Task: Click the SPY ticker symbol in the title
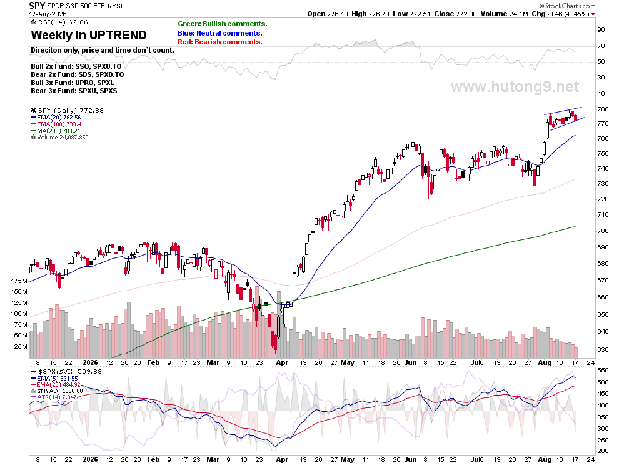(x=37, y=6)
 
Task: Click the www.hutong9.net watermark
(x=515, y=86)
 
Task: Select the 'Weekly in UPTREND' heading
(x=89, y=35)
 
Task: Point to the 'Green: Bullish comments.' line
(x=222, y=24)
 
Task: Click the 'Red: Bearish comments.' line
(x=220, y=42)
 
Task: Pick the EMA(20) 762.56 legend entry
(x=56, y=117)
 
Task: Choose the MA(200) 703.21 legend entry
(x=55, y=131)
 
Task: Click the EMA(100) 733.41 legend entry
(x=58, y=124)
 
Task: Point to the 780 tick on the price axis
(x=603, y=109)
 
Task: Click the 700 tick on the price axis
(x=603, y=231)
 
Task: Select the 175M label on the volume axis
(x=19, y=281)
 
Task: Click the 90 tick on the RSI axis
(x=601, y=29)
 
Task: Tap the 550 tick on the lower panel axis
(x=603, y=371)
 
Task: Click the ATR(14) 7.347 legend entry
(x=54, y=397)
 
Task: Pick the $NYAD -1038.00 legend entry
(x=57, y=391)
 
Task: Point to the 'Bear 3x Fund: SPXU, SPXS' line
(x=74, y=91)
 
